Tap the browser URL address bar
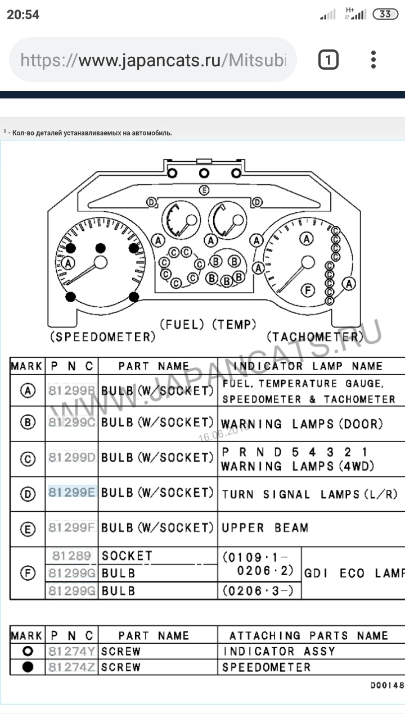(x=152, y=60)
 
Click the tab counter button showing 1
(x=328, y=60)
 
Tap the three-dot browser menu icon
(x=373, y=60)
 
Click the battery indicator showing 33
(x=385, y=14)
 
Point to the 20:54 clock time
(x=23, y=15)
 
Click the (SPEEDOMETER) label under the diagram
(x=102, y=337)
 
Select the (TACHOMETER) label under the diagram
(x=315, y=337)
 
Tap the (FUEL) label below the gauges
(x=183, y=324)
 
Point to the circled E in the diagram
(x=204, y=190)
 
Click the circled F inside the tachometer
(x=307, y=290)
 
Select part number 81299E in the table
(x=72, y=493)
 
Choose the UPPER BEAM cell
(x=265, y=528)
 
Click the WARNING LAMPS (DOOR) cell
(x=301, y=424)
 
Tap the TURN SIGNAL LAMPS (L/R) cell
(x=309, y=494)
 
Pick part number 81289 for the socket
(x=71, y=556)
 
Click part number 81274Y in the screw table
(x=71, y=652)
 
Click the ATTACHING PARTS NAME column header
(x=308, y=636)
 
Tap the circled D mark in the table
(x=28, y=494)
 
